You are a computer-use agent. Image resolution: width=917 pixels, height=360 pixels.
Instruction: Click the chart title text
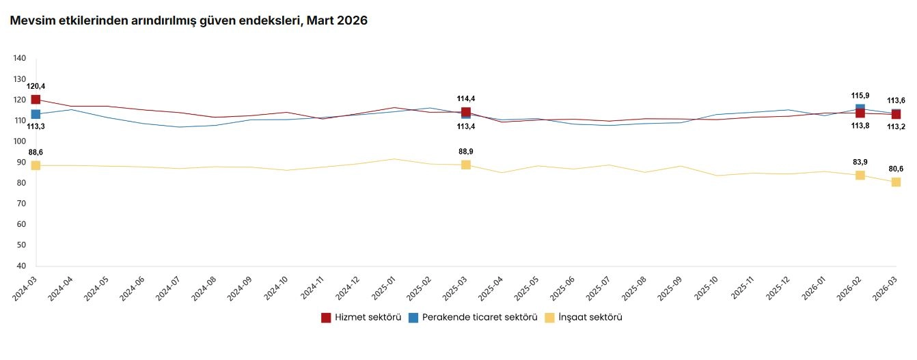point(189,21)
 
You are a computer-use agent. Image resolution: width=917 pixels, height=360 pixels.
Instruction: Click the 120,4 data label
point(36,86)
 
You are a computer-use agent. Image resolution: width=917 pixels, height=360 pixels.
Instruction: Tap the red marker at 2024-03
point(36,100)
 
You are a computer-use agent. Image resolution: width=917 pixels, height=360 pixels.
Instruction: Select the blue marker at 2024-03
point(36,114)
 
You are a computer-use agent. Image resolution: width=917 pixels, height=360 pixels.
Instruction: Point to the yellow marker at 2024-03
point(36,165)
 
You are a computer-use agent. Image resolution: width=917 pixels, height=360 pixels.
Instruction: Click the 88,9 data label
point(466,152)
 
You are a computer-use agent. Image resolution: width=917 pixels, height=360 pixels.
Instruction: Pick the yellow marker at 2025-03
point(466,165)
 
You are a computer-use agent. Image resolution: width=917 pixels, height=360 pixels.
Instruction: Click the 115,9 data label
point(860,96)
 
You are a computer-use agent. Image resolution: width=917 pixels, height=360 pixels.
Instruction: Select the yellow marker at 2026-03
point(896,182)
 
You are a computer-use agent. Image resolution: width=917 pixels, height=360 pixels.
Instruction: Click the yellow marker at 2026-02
point(860,176)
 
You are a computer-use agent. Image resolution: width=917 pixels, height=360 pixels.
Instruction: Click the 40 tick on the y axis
point(21,266)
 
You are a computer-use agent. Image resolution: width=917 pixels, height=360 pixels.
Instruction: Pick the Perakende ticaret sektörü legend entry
point(472,318)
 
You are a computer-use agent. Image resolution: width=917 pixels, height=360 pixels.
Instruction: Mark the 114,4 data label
point(466,99)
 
